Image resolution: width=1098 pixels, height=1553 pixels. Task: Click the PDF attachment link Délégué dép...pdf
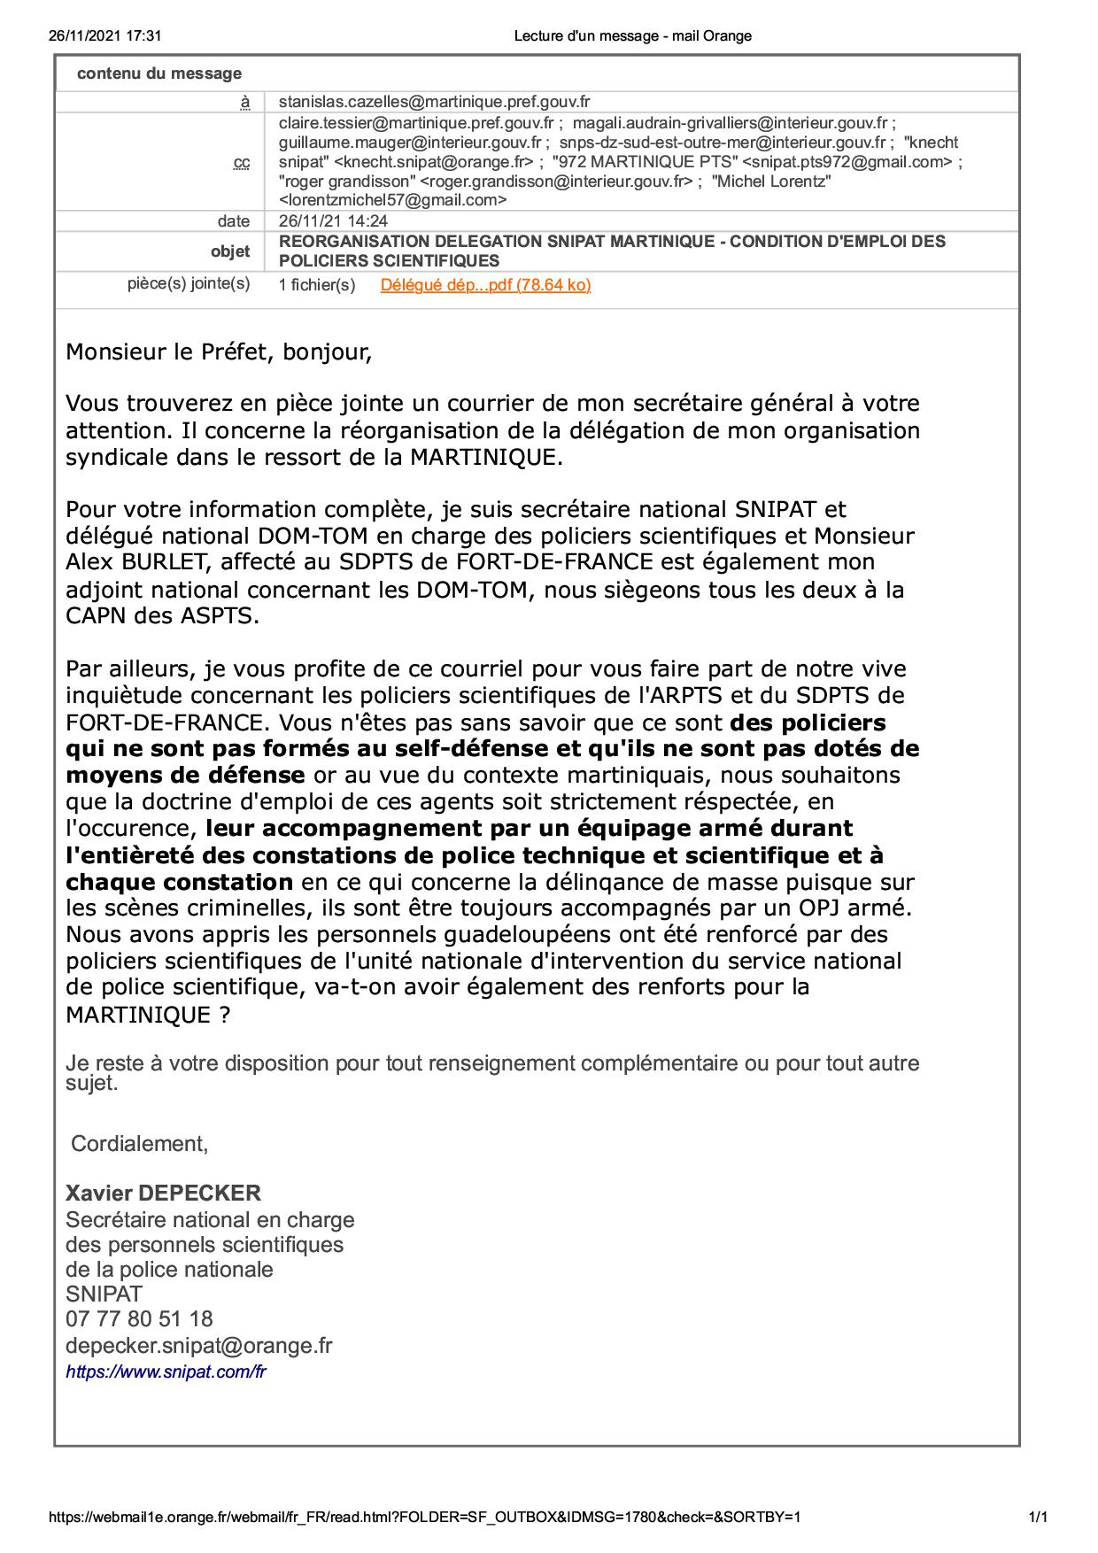tap(485, 285)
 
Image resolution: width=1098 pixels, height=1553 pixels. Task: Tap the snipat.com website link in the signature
tap(166, 1372)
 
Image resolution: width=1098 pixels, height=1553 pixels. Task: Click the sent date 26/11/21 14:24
tap(333, 221)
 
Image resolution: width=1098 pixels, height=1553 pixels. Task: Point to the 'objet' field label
tap(230, 251)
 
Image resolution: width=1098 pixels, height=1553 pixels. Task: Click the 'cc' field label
tap(242, 163)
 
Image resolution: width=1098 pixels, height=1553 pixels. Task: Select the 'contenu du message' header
tap(159, 73)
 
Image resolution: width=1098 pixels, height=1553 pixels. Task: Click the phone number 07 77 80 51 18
tap(139, 1319)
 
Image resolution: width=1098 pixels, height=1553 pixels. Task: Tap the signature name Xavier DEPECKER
tap(163, 1194)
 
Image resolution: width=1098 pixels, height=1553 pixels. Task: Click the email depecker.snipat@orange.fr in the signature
tap(199, 1346)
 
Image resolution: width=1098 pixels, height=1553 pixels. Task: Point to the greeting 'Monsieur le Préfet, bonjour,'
tap(219, 352)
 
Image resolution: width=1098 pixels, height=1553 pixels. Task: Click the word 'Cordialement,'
tap(140, 1144)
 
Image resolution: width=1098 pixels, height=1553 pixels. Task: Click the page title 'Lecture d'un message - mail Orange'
tap(632, 36)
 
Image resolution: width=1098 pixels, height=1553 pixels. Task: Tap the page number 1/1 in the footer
tap(1039, 1517)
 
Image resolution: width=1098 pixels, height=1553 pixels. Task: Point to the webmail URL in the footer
tap(425, 1517)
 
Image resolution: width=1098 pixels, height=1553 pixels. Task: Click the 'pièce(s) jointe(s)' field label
tap(189, 284)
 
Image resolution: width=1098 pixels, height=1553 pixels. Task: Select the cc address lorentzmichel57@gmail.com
tap(392, 201)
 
